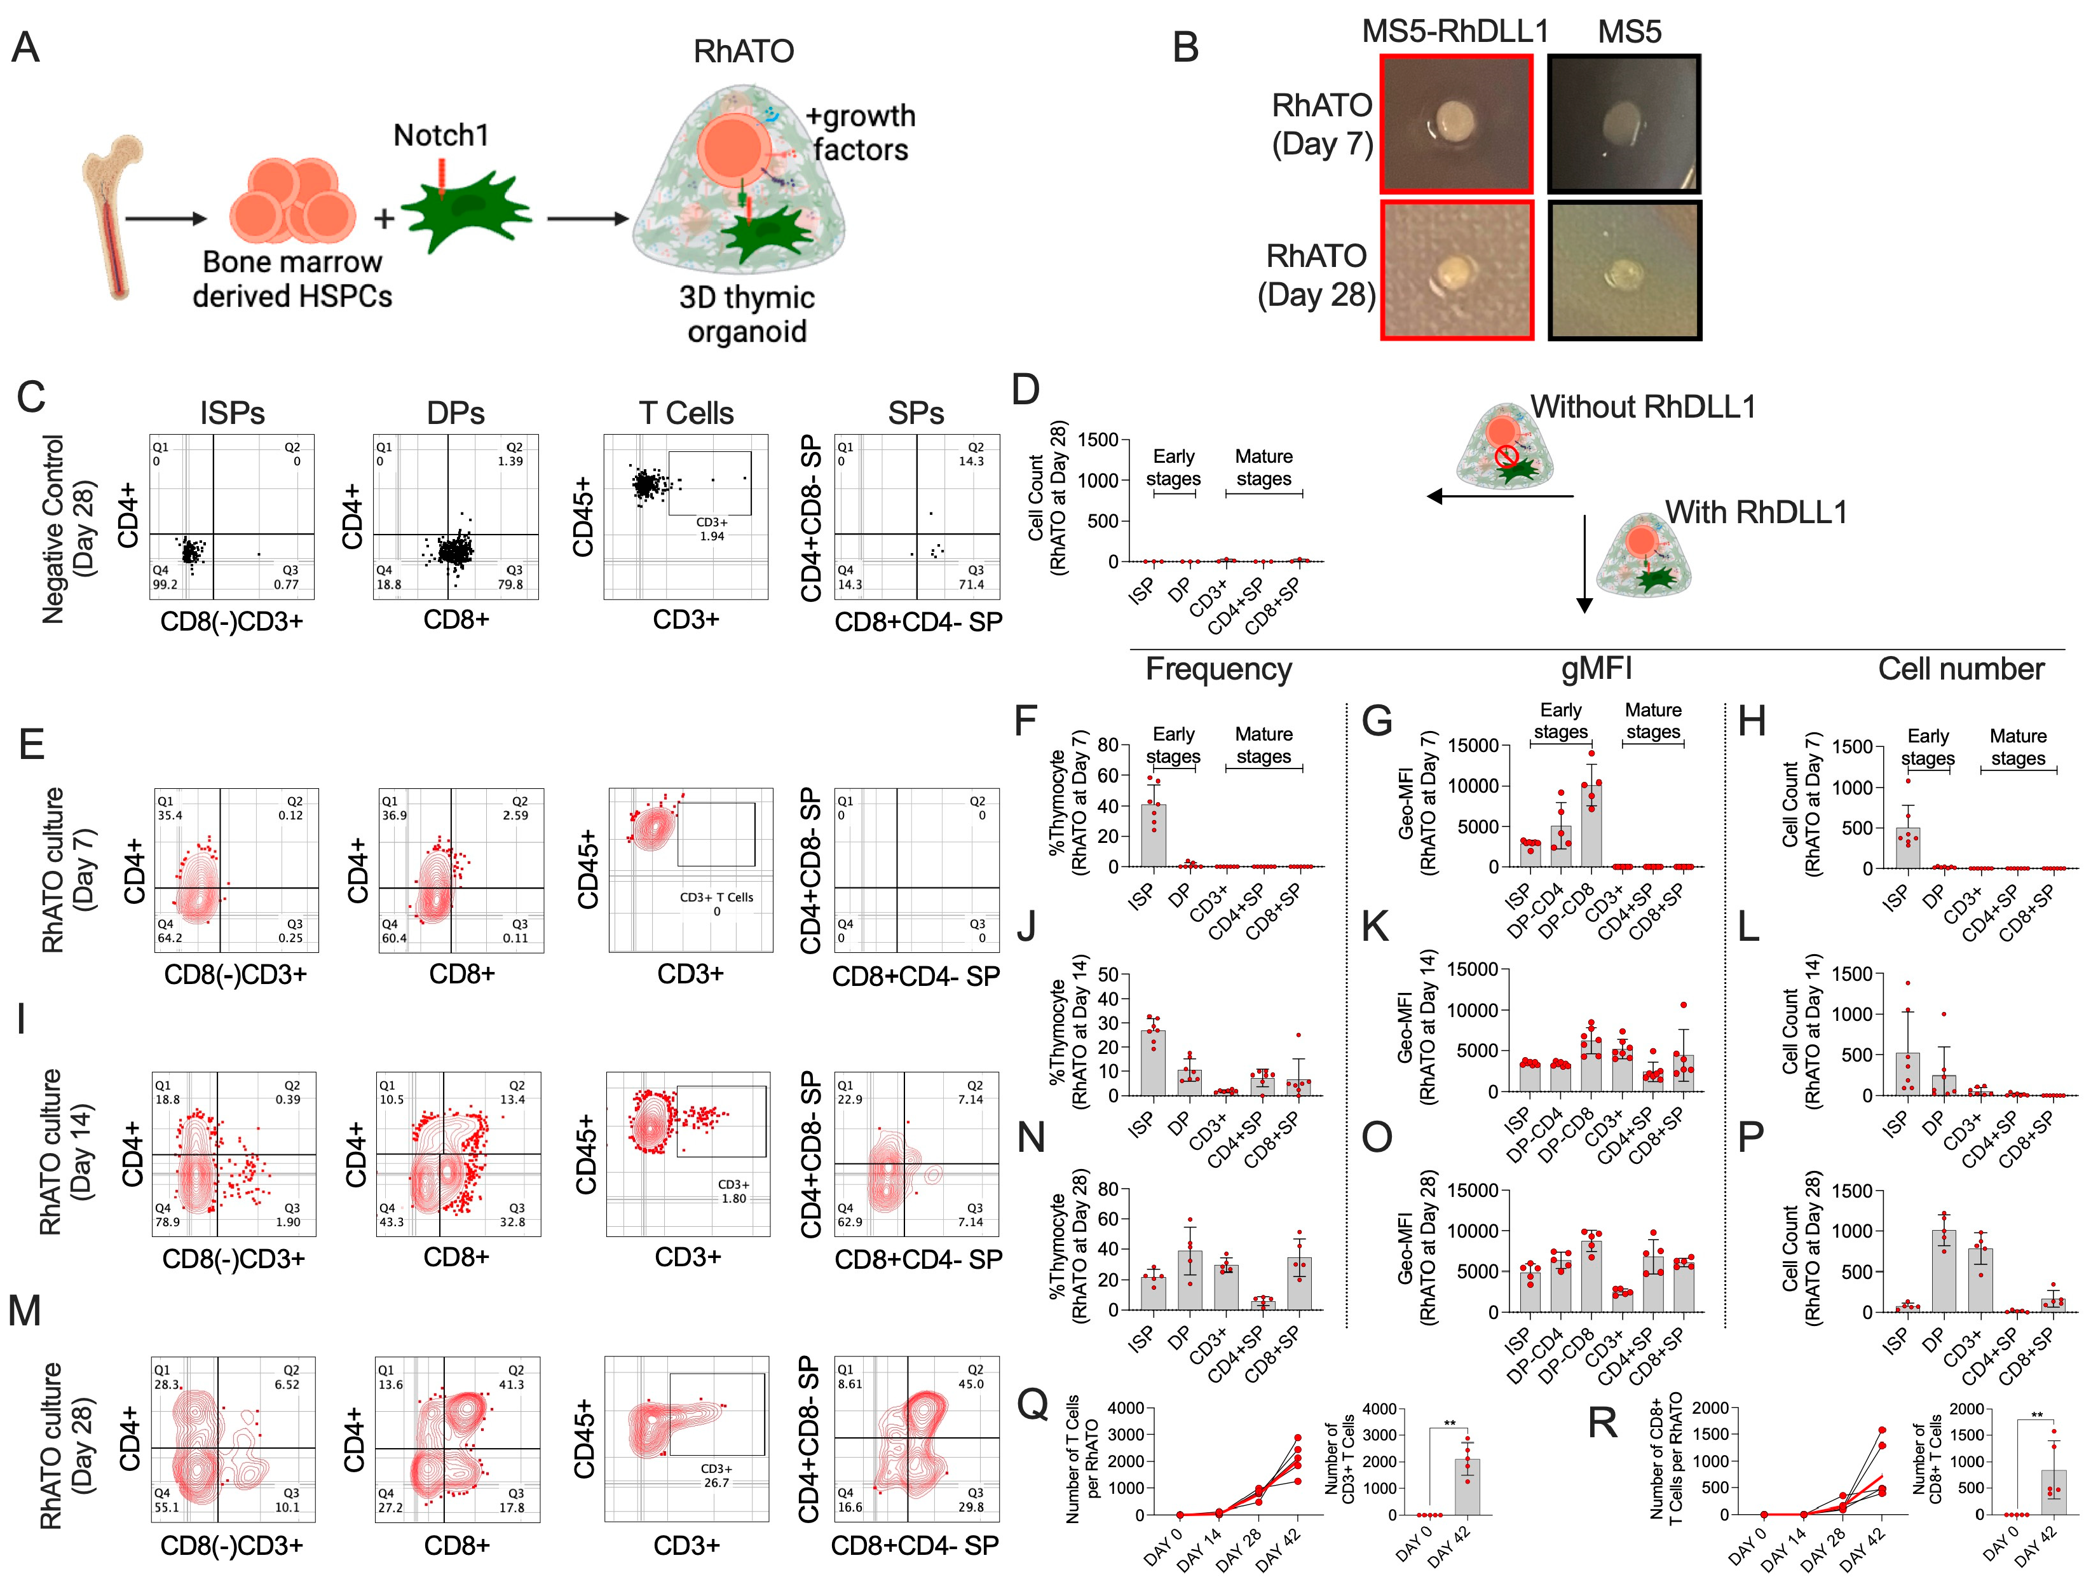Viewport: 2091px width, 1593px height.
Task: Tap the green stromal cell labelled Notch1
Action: [x=465, y=210]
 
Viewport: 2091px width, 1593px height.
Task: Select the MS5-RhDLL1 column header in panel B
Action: [x=1454, y=31]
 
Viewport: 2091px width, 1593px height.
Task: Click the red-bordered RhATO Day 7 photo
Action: [x=1456, y=123]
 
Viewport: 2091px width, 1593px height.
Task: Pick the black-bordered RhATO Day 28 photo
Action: [x=1624, y=270]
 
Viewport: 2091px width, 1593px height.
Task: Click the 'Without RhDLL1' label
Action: [x=1643, y=407]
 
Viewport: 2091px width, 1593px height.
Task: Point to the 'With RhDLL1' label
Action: [x=1755, y=512]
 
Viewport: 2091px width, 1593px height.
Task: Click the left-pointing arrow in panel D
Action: [x=1497, y=496]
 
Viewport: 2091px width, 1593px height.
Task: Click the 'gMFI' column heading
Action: [x=1596, y=669]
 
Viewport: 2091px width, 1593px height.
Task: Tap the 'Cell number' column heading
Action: [x=1960, y=669]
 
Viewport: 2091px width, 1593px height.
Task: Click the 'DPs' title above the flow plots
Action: [x=455, y=413]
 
